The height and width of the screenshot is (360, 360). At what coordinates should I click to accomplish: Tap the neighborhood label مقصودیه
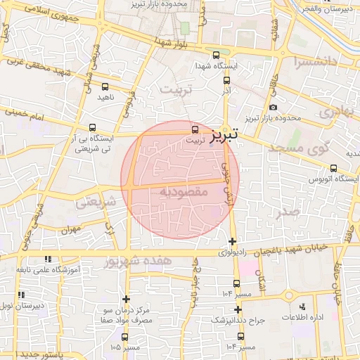tap(181, 191)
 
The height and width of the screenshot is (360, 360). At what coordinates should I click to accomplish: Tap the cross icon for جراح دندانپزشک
tap(238, 309)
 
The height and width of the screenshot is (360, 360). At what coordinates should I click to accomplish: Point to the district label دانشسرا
tap(321, 62)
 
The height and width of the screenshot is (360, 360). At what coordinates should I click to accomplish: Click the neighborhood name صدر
tap(288, 212)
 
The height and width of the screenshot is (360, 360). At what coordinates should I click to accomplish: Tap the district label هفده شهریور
tap(156, 261)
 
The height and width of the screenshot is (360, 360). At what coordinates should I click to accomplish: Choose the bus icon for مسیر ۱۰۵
tap(125, 337)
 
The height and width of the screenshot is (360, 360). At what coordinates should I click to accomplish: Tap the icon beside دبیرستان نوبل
tap(22, 294)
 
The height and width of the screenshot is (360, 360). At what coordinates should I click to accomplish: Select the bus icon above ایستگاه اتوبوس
tap(333, 167)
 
